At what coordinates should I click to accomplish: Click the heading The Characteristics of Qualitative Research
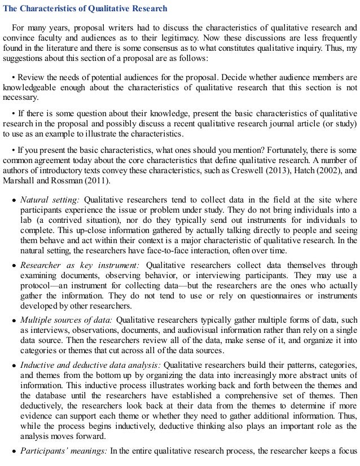85,8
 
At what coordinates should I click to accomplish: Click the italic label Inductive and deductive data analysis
89,364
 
